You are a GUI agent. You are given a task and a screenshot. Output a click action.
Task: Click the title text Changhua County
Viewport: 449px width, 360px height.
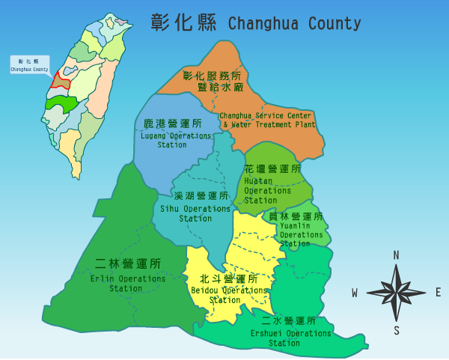click(x=294, y=23)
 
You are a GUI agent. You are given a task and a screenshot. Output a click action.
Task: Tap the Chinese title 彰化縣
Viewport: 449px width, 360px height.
click(x=183, y=22)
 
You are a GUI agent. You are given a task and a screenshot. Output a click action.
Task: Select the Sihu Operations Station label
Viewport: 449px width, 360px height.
click(x=195, y=213)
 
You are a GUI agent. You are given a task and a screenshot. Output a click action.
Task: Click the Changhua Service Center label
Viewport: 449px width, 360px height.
click(x=266, y=120)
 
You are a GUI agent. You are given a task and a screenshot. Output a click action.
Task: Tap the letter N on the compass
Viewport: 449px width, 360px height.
click(x=396, y=255)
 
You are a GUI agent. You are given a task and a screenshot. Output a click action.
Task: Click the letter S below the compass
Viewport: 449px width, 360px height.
click(x=397, y=331)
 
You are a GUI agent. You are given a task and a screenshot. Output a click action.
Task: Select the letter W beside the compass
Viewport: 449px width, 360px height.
click(x=354, y=293)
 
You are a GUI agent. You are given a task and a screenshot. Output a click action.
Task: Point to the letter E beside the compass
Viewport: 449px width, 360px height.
click(x=439, y=293)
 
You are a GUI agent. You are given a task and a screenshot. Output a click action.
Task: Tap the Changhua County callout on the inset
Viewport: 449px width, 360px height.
click(x=29, y=65)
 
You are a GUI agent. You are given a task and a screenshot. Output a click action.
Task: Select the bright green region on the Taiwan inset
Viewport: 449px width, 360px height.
click(x=61, y=103)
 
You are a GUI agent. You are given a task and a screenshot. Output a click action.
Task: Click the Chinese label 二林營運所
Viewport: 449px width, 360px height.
click(x=128, y=263)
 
